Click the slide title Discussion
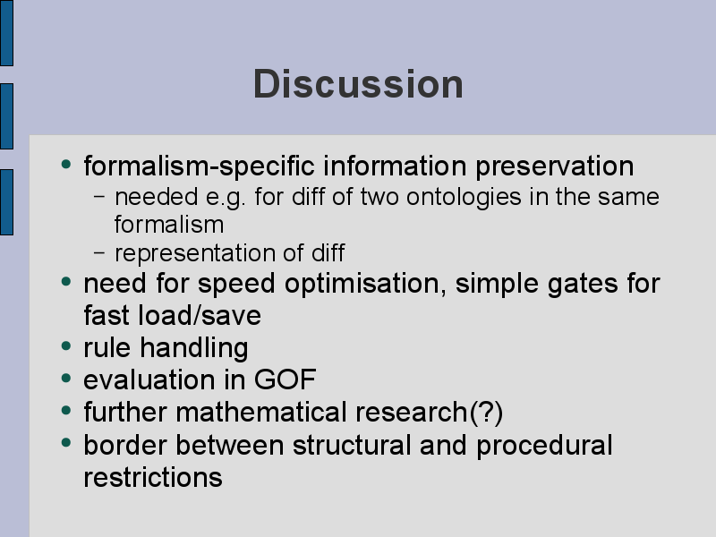coord(359,84)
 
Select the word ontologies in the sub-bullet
coord(464,198)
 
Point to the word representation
coord(194,254)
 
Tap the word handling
coord(194,348)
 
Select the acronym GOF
coord(285,379)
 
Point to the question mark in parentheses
coord(486,413)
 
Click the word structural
coord(352,445)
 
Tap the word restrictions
coord(153,478)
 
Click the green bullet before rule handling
coord(66,345)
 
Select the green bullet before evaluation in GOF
coord(66,378)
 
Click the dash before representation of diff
coord(99,252)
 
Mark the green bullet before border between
coord(66,442)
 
